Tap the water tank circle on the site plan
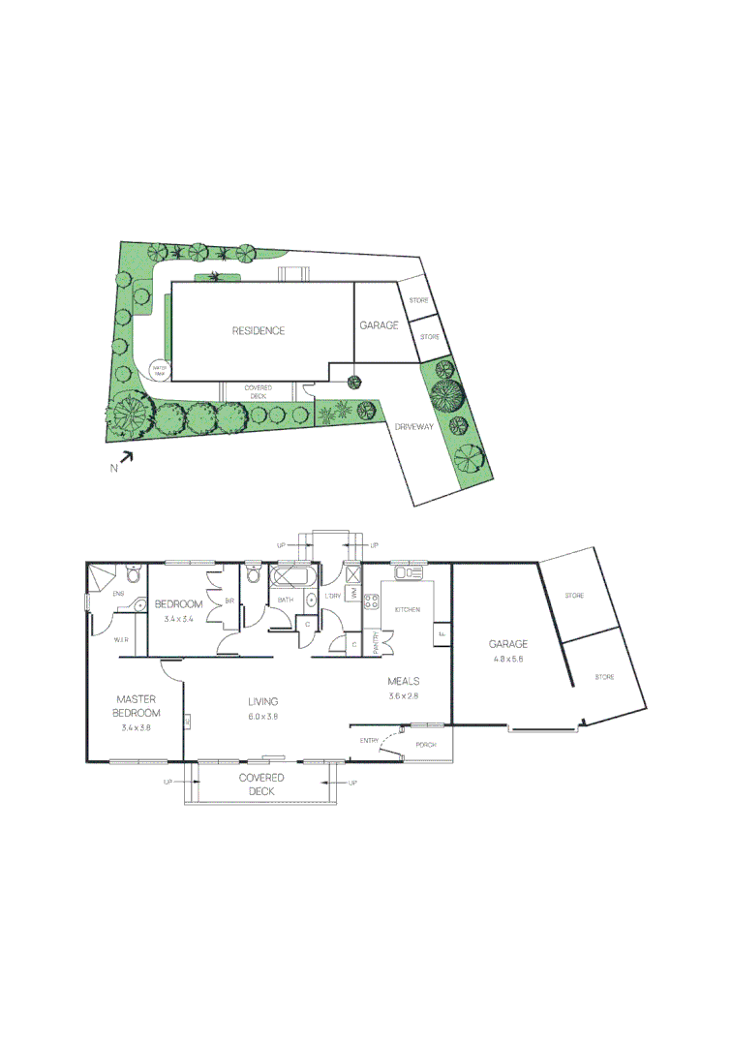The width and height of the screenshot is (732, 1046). (x=160, y=369)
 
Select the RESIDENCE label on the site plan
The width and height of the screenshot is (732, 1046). (x=259, y=330)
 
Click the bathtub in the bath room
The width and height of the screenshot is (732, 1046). (x=294, y=579)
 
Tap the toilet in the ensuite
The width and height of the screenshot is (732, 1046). (x=134, y=577)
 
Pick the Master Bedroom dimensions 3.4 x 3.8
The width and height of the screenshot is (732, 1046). (x=137, y=727)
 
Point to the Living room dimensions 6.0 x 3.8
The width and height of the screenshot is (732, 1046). (x=262, y=717)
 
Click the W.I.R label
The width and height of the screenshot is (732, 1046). (x=121, y=640)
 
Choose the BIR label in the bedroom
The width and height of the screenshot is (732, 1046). (x=229, y=601)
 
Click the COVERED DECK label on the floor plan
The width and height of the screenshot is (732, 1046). (x=262, y=784)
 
